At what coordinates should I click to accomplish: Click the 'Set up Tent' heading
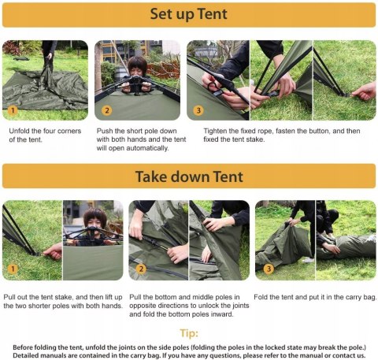click(x=189, y=14)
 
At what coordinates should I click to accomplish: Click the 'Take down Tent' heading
click(x=189, y=176)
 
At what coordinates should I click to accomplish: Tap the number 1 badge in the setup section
click(x=13, y=109)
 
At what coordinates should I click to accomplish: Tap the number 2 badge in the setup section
click(x=106, y=110)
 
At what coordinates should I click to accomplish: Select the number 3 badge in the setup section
click(x=198, y=110)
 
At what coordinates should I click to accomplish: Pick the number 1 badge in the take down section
click(x=13, y=269)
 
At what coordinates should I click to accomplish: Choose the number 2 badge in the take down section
click(x=141, y=269)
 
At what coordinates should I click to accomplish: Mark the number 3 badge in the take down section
click(x=269, y=269)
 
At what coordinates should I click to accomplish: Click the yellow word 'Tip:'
click(x=189, y=333)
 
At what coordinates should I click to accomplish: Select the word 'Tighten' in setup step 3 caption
click(x=214, y=131)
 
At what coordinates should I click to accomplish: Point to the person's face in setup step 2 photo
click(x=137, y=69)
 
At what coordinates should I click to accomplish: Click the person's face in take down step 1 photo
click(x=94, y=223)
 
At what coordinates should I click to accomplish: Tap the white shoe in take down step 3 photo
click(x=308, y=260)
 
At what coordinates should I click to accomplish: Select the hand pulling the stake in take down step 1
click(x=54, y=251)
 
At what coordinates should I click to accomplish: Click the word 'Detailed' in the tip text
click(x=24, y=355)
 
